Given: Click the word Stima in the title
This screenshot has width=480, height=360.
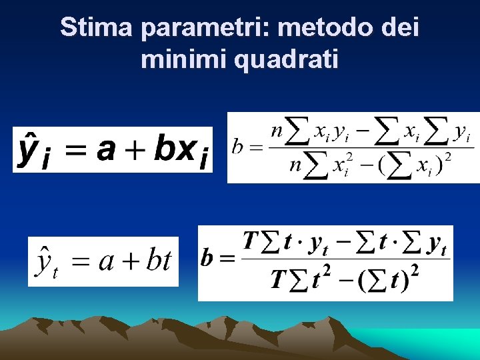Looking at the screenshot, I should [x=97, y=28].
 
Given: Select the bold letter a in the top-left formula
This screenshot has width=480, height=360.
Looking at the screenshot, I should [x=105, y=149].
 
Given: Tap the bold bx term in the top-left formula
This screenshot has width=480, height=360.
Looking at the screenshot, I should [x=175, y=149].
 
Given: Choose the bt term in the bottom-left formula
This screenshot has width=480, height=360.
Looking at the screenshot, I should [x=159, y=261].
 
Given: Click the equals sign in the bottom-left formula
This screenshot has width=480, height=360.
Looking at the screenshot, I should [x=80, y=262].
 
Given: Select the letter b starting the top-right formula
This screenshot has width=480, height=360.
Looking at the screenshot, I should [x=237, y=147].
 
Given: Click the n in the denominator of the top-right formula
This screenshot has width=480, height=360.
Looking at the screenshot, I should [x=295, y=165].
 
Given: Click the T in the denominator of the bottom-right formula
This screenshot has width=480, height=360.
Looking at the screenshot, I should [x=279, y=279].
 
